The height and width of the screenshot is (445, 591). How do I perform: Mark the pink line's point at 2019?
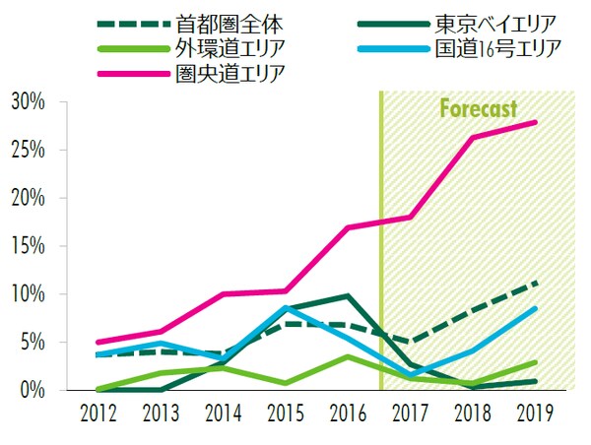[x=536, y=122]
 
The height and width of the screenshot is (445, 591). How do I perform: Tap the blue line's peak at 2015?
[x=286, y=307]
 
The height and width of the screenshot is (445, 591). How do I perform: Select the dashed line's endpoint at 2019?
[x=536, y=283]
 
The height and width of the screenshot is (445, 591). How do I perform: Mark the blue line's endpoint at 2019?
[x=536, y=308]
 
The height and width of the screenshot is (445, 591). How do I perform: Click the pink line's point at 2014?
[x=224, y=293]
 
